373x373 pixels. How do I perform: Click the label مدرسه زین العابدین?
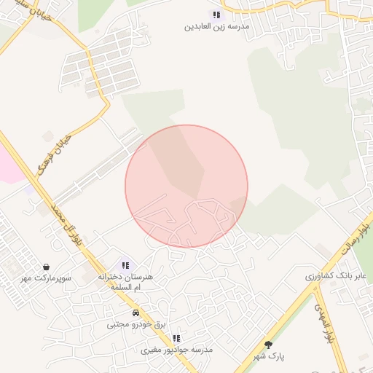(x=217, y=26)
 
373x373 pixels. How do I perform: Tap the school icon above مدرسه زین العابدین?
(x=216, y=15)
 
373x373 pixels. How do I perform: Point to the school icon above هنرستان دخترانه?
(x=125, y=266)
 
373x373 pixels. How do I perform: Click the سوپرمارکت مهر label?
(x=46, y=279)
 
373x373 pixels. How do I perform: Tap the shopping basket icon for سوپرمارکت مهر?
(x=47, y=267)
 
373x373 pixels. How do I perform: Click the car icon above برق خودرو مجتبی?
(x=136, y=313)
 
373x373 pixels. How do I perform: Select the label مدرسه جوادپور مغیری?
(x=176, y=350)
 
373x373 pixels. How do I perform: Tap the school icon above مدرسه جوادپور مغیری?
(x=176, y=338)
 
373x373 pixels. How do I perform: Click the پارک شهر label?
(x=267, y=356)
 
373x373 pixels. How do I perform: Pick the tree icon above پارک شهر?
(x=268, y=345)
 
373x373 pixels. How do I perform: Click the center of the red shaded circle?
(x=186, y=186)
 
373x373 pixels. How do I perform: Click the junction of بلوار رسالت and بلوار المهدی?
(x=315, y=286)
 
